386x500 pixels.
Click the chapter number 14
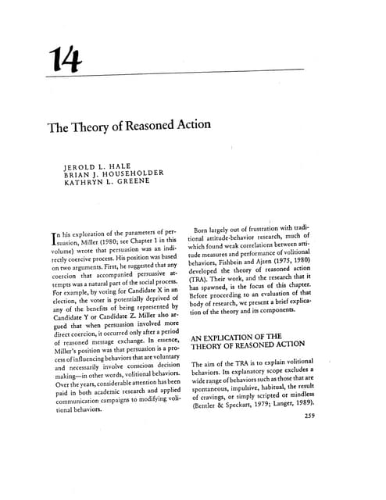pos(64,59)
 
